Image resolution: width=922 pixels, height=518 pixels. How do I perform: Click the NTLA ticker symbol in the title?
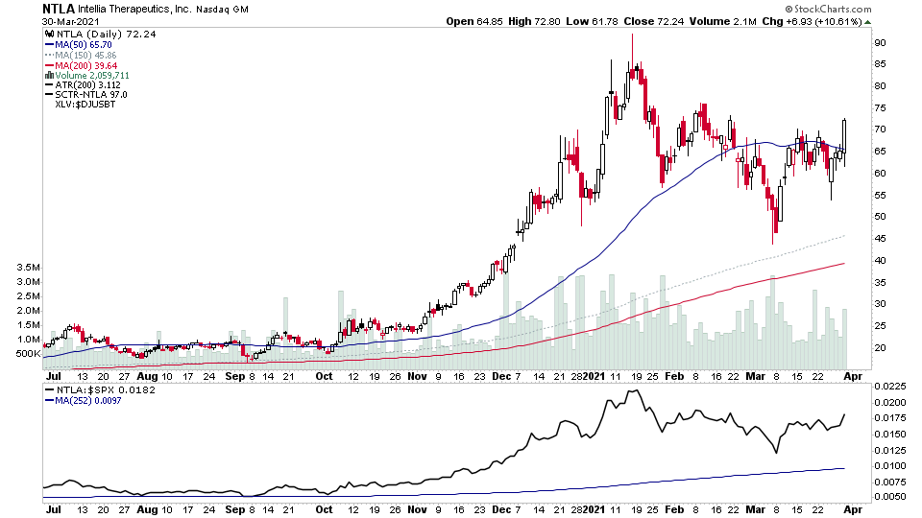point(58,9)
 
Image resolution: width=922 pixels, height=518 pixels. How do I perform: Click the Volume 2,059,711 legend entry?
point(93,75)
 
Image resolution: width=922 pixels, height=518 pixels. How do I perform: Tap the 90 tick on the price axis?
point(879,42)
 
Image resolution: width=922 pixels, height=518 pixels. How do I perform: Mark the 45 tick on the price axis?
point(879,217)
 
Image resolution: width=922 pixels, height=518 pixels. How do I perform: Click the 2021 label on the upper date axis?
point(596,377)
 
